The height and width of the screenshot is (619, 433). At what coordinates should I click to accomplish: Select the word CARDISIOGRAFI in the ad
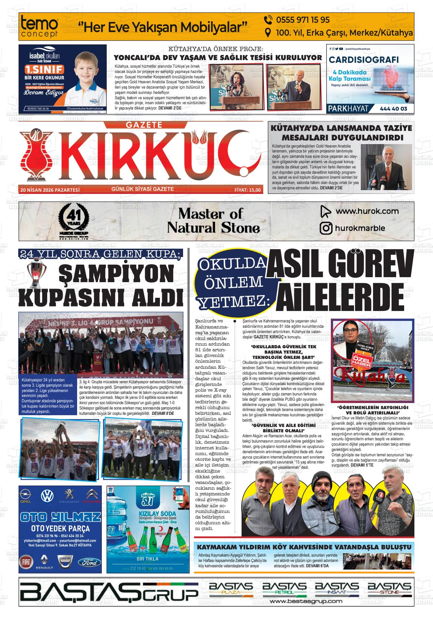pyautogui.click(x=363, y=60)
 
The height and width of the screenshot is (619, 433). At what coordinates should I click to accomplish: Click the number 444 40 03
pyautogui.click(x=393, y=109)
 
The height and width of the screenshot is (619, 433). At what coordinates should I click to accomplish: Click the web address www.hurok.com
pyautogui.click(x=367, y=211)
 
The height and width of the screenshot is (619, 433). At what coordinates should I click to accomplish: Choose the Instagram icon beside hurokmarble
pyautogui.click(x=326, y=228)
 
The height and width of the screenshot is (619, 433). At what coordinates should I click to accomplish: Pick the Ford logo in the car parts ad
pyautogui.click(x=91, y=562)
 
